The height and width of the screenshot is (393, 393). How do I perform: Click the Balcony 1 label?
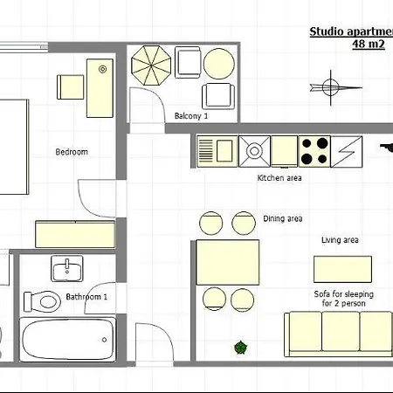191,116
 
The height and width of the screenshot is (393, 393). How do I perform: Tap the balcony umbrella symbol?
151,65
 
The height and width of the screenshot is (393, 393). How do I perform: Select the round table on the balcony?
219,64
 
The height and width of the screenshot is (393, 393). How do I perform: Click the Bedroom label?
72,152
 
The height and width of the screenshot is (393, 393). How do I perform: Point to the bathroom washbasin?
67,268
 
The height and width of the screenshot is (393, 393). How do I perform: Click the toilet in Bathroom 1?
43,301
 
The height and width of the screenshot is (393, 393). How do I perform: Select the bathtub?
67,340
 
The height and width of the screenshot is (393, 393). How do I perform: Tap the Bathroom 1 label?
86,297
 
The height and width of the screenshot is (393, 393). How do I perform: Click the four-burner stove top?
314,151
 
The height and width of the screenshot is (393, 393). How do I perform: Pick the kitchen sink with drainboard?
217,151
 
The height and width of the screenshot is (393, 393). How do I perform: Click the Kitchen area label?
279,178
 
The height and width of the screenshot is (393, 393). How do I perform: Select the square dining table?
228,262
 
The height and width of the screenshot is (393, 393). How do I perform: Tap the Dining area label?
283,218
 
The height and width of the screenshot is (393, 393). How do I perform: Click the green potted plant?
241,348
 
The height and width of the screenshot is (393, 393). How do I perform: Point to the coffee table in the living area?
342,269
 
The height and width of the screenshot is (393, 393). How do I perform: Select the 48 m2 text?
369,45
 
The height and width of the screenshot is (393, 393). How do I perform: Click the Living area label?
340,240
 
